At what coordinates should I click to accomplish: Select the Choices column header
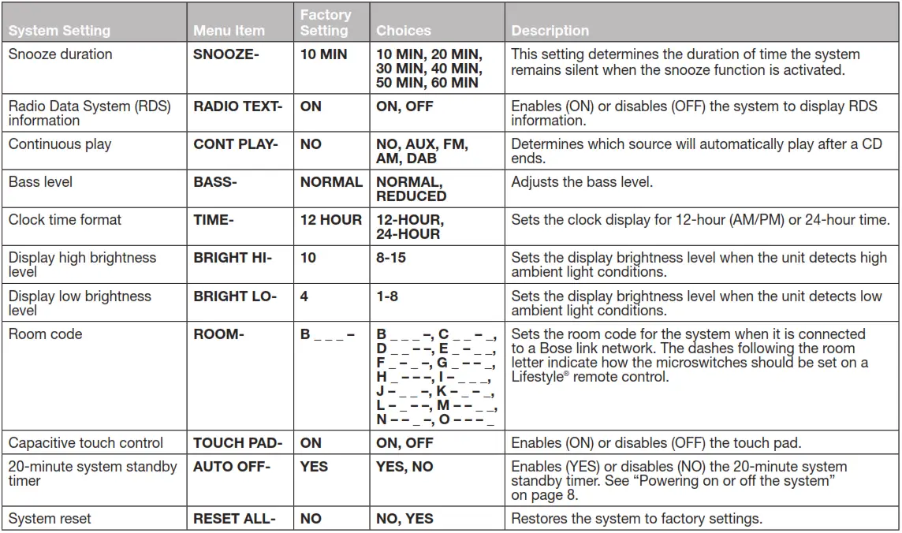(x=404, y=31)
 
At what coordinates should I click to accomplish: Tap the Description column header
(x=550, y=31)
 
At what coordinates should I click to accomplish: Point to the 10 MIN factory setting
(x=324, y=55)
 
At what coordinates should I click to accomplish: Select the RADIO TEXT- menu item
(x=237, y=106)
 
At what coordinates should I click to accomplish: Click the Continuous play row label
(x=60, y=144)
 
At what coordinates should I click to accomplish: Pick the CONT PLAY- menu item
(x=236, y=144)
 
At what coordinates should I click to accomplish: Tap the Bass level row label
(x=40, y=182)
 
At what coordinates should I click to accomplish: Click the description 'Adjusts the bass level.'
(x=582, y=182)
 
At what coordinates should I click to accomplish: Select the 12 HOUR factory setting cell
(x=331, y=220)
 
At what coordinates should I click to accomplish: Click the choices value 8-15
(x=393, y=258)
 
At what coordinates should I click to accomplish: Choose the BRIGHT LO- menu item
(x=235, y=296)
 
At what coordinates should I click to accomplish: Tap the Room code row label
(x=45, y=334)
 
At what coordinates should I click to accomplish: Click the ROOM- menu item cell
(x=218, y=334)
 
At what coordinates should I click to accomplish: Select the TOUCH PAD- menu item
(x=238, y=443)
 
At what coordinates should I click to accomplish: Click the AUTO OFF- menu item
(x=232, y=467)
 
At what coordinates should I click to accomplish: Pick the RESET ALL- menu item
(x=234, y=519)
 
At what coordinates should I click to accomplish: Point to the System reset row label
(x=50, y=519)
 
